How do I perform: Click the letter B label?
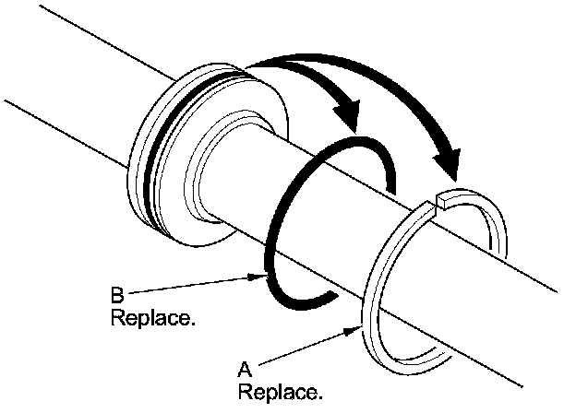[117, 297]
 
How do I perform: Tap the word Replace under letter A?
[281, 392]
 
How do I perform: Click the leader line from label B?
[194, 286]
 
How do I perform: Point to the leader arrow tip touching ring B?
[262, 273]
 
